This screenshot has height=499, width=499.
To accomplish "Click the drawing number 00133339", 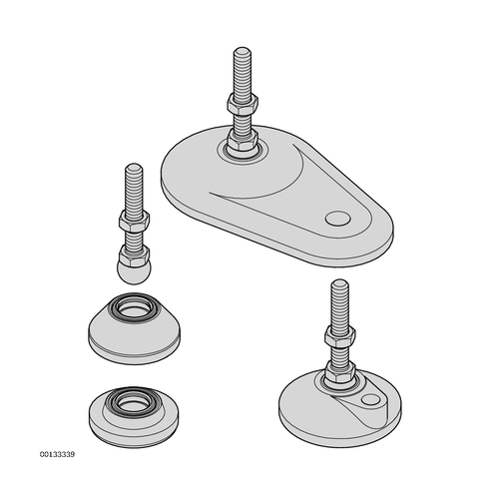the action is (x=57, y=454).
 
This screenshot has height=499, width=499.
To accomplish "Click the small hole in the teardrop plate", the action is (x=337, y=219).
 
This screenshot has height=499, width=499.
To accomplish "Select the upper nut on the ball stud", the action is (x=134, y=221).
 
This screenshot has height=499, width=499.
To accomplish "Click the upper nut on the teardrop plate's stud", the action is (x=243, y=104).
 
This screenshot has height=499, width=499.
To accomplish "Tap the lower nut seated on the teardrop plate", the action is (x=243, y=141).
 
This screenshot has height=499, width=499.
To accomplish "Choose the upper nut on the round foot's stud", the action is (x=340, y=335).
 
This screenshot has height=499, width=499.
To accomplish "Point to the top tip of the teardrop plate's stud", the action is (x=243, y=48).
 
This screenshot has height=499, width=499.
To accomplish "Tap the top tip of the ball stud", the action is (x=134, y=165).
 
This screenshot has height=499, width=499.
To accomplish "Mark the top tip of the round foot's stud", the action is (x=340, y=280).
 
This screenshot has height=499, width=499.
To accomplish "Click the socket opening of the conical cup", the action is (x=134, y=307).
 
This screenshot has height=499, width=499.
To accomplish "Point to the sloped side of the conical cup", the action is (x=100, y=324).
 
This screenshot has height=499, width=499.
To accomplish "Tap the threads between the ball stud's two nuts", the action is (x=134, y=239).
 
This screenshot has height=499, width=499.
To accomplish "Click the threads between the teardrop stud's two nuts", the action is (x=243, y=122).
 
